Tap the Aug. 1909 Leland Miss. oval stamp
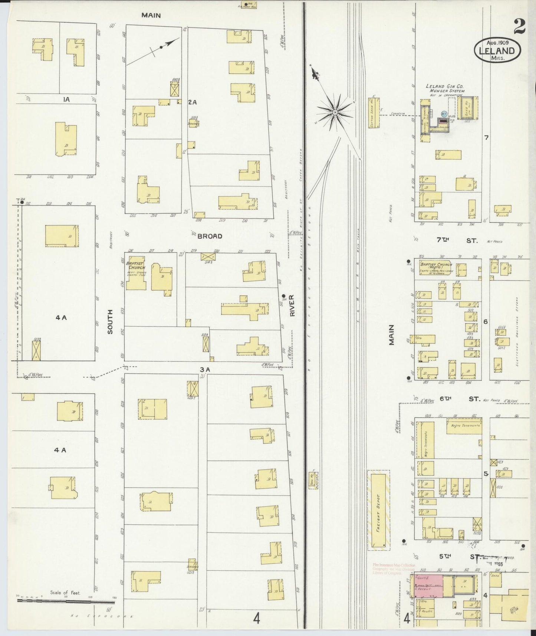497,48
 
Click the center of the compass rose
335,112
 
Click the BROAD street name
210,236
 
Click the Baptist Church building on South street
135,273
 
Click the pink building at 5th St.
428,586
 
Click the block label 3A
205,370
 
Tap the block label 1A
66,99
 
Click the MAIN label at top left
151,16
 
